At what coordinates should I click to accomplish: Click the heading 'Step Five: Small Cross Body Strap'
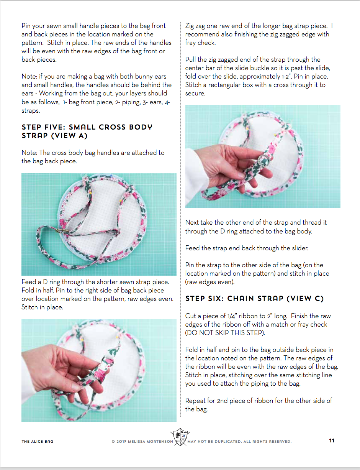coord(87,131)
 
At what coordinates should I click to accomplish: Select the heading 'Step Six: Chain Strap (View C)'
coord(254,298)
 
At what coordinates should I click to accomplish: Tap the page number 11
coord(332,440)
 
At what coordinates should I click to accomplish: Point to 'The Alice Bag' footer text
coord(38,441)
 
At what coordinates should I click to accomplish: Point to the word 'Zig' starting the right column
coord(190,26)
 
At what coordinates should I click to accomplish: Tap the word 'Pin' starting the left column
coord(26,26)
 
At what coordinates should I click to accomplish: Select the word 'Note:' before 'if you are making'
coord(29,76)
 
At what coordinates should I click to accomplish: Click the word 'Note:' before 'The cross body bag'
coord(29,153)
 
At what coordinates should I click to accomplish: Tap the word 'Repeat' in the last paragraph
coord(195,401)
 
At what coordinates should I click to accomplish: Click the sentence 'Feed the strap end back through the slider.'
coord(247,248)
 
